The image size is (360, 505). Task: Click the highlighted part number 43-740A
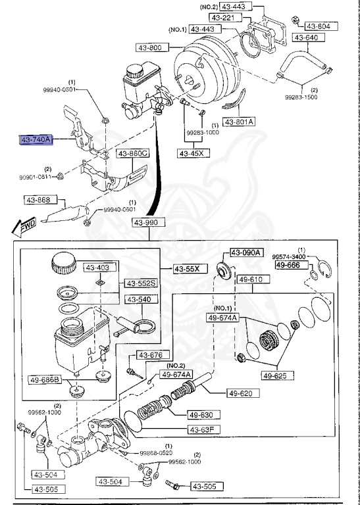(x=36, y=140)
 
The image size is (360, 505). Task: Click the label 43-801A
(x=240, y=122)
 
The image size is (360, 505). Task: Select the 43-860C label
(x=133, y=154)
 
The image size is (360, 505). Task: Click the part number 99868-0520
(x=156, y=453)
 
